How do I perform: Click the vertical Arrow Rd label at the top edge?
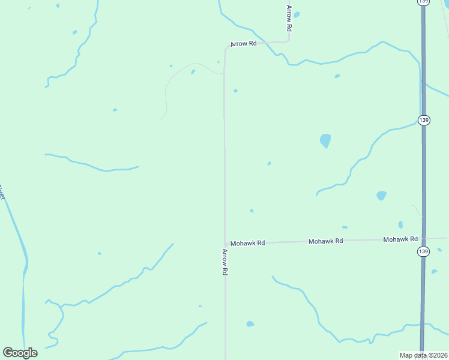(289, 18)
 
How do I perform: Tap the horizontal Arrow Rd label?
(244, 44)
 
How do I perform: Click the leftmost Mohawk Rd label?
(248, 243)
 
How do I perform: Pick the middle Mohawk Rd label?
(325, 241)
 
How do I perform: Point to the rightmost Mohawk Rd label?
(400, 239)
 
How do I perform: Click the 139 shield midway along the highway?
(424, 120)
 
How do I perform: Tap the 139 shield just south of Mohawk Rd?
(424, 251)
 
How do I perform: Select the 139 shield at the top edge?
(424, 2)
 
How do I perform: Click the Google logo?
(20, 353)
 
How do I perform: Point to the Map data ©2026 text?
(424, 355)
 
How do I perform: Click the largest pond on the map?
(325, 141)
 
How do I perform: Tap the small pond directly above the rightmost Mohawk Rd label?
(400, 224)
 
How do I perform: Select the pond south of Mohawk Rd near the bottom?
(250, 324)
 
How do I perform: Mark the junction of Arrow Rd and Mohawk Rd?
(225, 243)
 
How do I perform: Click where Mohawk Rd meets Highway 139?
(423, 239)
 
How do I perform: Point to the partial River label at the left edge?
(2, 193)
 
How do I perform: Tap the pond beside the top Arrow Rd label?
(297, 14)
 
